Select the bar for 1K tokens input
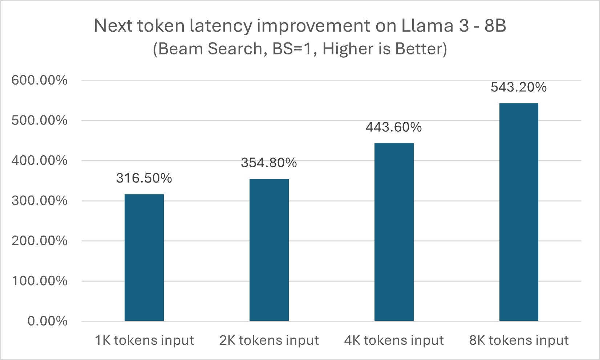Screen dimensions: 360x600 point(144,257)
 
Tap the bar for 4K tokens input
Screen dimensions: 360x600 point(394,232)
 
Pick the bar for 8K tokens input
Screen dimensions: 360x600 point(519,212)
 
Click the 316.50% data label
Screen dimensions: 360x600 point(144,178)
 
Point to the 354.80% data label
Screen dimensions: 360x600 point(269,163)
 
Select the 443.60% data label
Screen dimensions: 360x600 point(394,127)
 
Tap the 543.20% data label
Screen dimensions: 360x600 point(519,87)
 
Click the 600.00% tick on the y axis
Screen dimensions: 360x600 point(40,80)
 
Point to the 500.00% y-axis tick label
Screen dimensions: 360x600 point(40,120)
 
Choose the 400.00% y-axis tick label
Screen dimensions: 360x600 point(40,160)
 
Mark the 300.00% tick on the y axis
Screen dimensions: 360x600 point(40,201)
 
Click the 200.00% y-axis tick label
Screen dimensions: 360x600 point(40,241)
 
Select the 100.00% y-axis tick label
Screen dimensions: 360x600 point(40,281)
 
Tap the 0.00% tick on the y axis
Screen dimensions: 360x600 point(48,321)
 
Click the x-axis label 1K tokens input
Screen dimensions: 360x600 point(144,340)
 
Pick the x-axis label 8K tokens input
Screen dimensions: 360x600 point(519,340)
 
